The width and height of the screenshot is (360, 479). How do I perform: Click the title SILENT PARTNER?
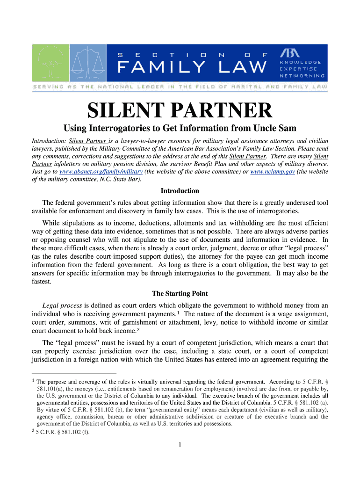tap(180, 111)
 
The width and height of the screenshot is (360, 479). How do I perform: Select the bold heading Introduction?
tap(180, 191)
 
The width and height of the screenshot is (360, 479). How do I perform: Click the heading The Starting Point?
tap(180, 294)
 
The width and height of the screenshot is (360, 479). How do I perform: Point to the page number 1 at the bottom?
tap(180, 445)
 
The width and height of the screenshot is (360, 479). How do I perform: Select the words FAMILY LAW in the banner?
tap(191, 68)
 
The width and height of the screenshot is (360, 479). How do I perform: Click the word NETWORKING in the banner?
tap(302, 76)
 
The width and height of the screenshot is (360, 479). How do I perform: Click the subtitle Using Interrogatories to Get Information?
tap(180, 129)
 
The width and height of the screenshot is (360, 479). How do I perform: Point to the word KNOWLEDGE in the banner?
tap(300, 62)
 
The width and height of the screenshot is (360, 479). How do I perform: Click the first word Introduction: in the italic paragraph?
tap(48, 141)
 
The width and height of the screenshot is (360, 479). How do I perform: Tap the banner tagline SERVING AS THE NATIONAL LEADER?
tap(180, 87)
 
